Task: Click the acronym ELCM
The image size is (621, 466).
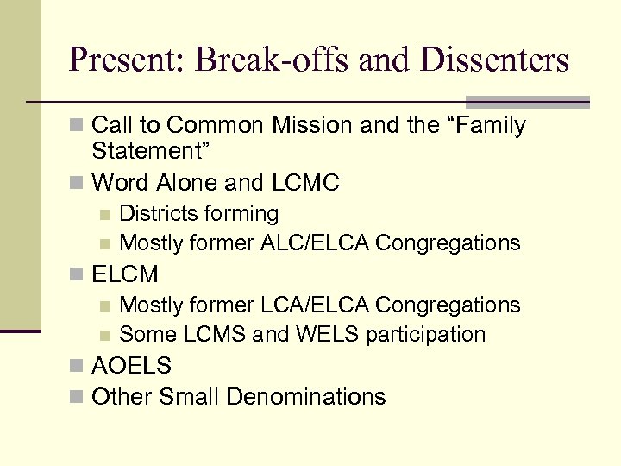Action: click(x=125, y=274)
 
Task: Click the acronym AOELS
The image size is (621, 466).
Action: click(x=132, y=366)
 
